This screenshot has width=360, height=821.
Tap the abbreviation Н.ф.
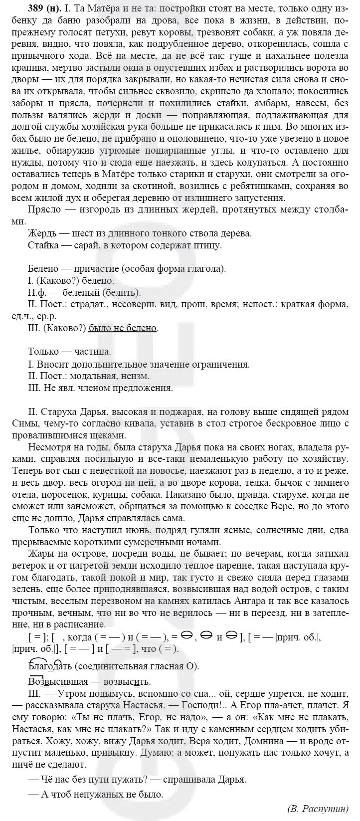point(38,293)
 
